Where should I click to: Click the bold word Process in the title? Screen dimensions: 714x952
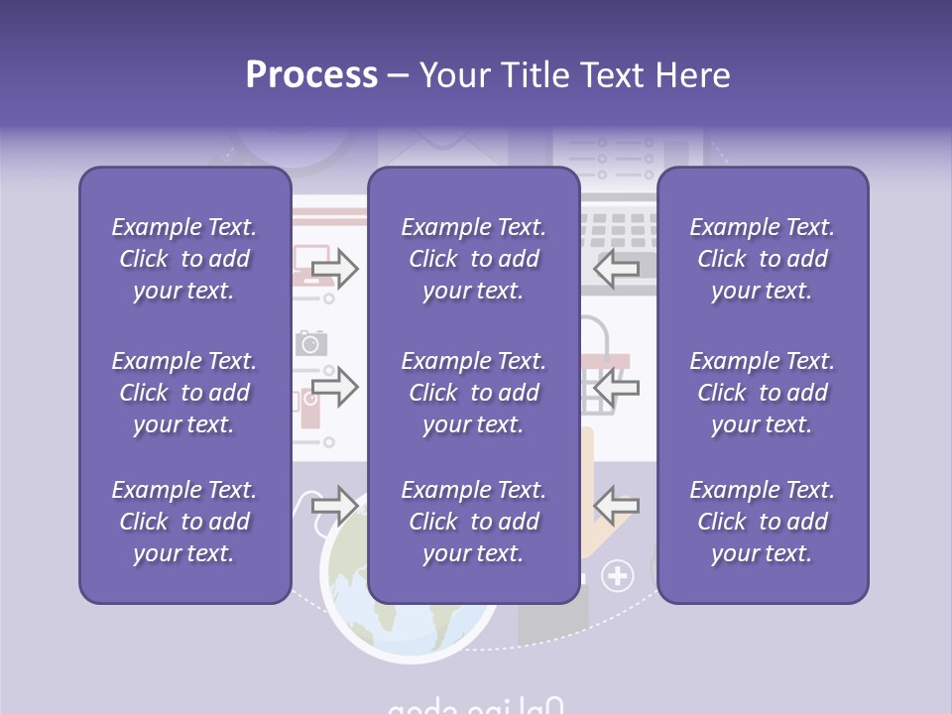311,75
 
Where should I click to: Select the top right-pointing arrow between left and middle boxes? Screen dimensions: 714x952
335,268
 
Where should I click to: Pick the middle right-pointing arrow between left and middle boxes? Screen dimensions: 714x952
335,386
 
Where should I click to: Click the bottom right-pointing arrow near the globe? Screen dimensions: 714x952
335,505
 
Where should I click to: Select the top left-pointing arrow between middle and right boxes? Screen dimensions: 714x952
617,268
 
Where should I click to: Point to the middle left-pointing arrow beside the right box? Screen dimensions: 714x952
617,386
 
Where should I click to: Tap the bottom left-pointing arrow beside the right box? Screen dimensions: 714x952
617,505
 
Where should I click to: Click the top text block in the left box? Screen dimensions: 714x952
184,259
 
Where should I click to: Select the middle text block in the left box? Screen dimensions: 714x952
184,393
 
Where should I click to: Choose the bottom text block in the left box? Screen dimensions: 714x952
184,522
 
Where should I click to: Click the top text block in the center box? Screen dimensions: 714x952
474,259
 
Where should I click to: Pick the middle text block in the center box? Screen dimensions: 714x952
474,393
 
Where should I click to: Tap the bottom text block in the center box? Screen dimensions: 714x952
474,522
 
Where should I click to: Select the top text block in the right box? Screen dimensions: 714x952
763,259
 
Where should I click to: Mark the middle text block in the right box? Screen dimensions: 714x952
763,393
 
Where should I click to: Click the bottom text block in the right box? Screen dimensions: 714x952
763,522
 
